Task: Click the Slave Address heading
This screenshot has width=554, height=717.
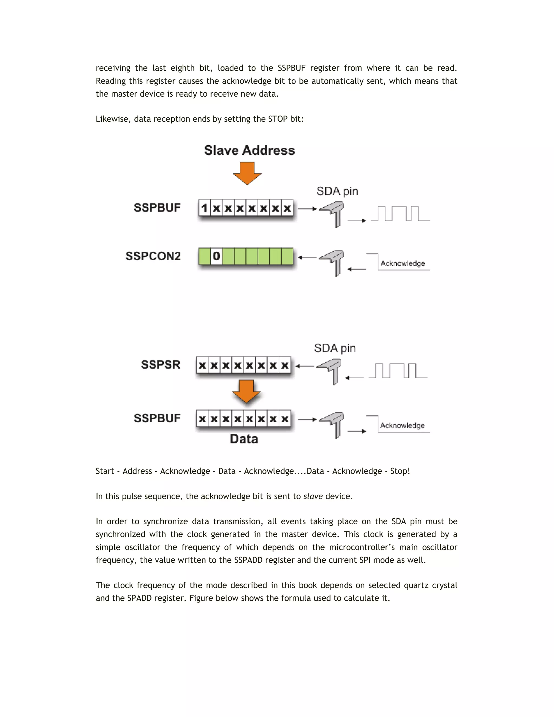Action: (249, 150)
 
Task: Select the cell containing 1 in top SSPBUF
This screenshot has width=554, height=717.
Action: (205, 208)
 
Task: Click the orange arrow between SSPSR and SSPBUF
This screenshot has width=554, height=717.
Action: (246, 391)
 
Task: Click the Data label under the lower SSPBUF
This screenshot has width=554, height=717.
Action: (244, 439)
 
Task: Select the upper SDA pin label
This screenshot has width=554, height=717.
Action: (337, 191)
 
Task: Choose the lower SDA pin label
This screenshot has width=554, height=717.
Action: (335, 348)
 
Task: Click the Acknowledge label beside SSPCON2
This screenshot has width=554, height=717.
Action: (403, 263)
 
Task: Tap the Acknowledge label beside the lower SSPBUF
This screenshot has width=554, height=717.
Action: (402, 426)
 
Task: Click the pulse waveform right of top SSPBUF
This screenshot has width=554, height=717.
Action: (400, 214)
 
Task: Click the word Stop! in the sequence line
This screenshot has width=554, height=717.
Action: (400, 471)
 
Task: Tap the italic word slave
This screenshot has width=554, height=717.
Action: (313, 496)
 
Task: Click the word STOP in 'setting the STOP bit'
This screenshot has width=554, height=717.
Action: (278, 119)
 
